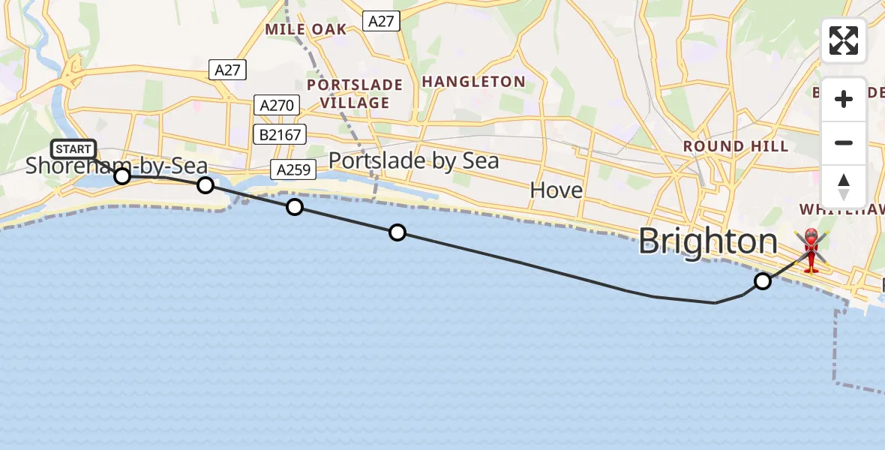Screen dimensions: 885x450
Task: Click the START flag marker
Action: (73, 149)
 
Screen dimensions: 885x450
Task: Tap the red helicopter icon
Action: (811, 249)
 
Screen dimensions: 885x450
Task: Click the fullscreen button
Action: (844, 40)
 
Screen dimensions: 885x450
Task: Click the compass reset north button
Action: (844, 187)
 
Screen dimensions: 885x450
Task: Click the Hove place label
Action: (556, 190)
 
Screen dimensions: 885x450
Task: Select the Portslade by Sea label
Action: (413, 161)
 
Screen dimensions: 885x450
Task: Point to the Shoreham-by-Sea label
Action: (116, 166)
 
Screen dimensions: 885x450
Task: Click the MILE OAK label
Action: (306, 29)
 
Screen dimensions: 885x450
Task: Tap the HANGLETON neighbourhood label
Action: (473, 81)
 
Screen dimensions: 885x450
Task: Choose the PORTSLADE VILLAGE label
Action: (354, 94)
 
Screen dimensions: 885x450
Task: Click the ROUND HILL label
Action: (734, 146)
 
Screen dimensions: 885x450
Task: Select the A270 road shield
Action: (277, 105)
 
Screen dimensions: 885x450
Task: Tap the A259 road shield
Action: (293, 170)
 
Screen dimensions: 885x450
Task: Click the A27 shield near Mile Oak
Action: (381, 21)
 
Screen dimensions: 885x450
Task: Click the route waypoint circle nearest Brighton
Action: (762, 281)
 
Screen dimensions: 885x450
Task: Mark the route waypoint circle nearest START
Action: (121, 176)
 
